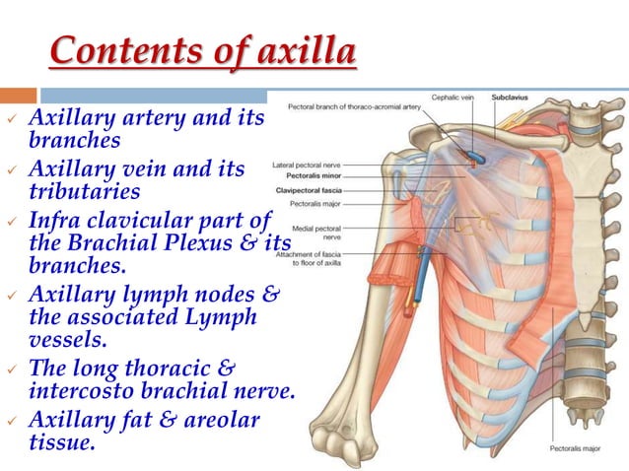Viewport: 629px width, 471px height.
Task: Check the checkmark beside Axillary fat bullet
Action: pos(11,423)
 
